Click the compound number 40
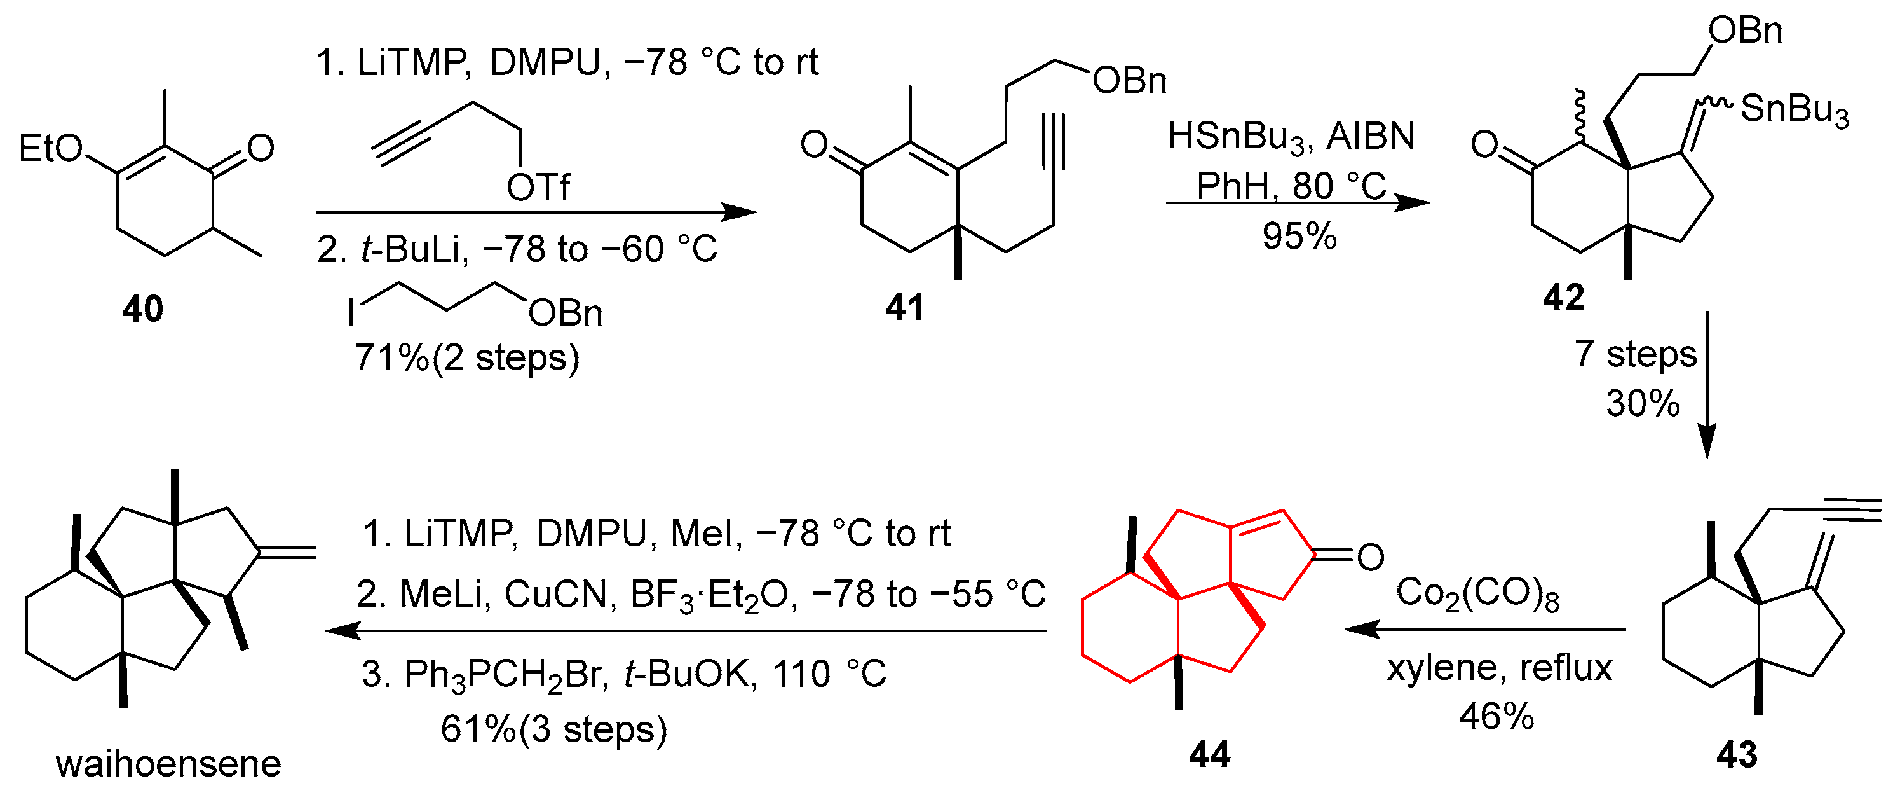[x=142, y=309]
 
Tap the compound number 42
[x=1563, y=298]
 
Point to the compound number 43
[x=1737, y=754]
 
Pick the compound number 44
[x=1210, y=754]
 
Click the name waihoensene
[x=168, y=764]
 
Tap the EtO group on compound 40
[x=50, y=149]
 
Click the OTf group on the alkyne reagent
[x=538, y=188]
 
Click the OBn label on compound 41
[x=1129, y=81]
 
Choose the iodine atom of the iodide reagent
[x=351, y=312]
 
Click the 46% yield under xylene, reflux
[x=1496, y=716]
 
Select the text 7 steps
[x=1635, y=354]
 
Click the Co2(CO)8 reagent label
[x=1477, y=593]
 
